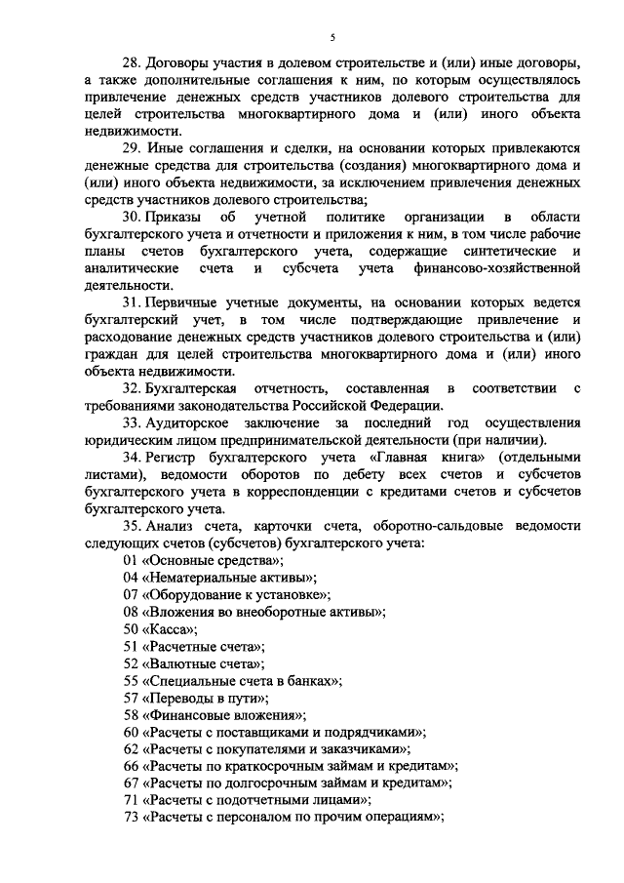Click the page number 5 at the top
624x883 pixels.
click(331, 38)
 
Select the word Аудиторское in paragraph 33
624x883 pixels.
click(188, 422)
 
